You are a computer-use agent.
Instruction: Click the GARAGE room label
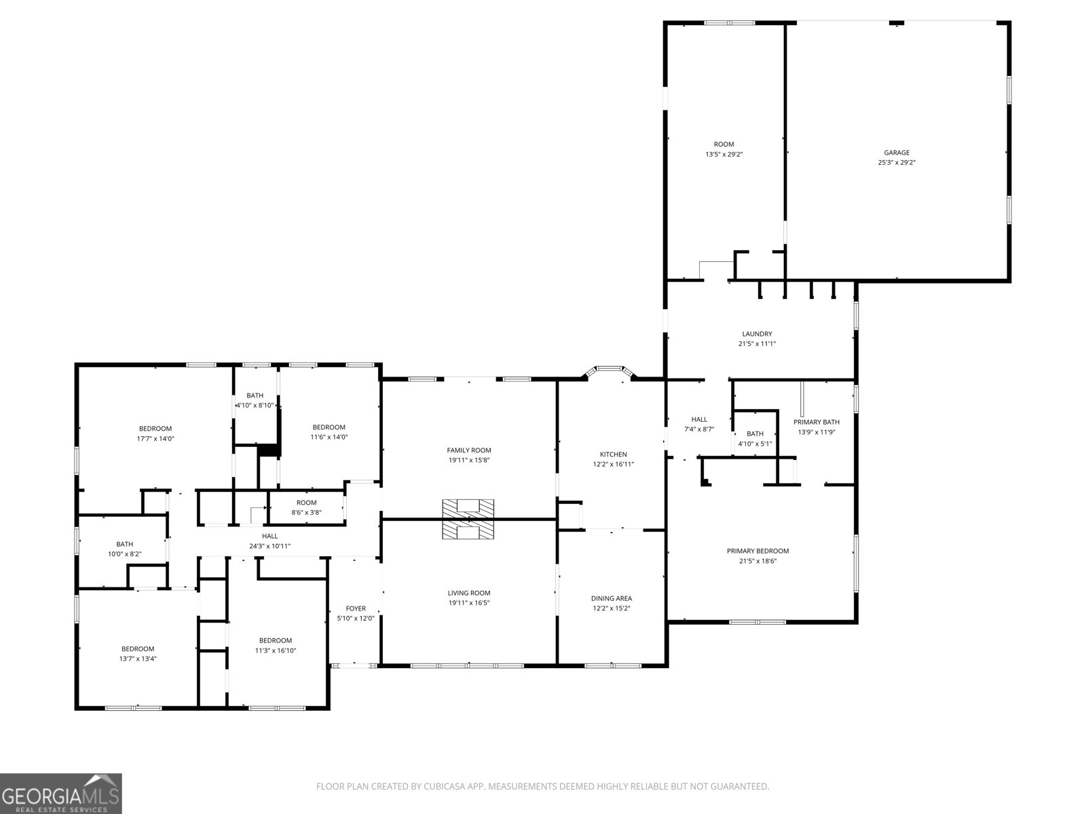coord(897,153)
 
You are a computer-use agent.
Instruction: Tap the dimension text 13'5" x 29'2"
coord(724,154)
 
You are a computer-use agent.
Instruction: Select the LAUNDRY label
coord(757,334)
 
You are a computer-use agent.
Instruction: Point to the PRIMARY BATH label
coord(817,422)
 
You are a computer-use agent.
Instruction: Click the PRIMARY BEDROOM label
coord(757,551)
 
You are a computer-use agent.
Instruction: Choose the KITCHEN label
coord(614,454)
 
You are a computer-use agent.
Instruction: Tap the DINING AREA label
coord(612,598)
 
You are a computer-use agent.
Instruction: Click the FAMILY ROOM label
coord(469,450)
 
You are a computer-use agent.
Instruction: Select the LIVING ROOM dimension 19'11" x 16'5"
coord(469,603)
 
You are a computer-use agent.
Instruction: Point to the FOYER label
coord(356,608)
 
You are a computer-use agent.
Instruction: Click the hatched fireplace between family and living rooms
coord(468,519)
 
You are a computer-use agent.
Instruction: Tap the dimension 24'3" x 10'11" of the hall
coord(269,546)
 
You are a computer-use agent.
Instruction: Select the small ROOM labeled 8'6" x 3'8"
coord(307,507)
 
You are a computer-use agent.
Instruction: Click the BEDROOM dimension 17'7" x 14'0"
coord(155,438)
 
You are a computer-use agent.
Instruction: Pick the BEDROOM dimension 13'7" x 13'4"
coord(138,659)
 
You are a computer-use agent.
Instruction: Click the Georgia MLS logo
coord(61,794)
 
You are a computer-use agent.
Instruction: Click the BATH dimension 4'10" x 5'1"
coord(755,444)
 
